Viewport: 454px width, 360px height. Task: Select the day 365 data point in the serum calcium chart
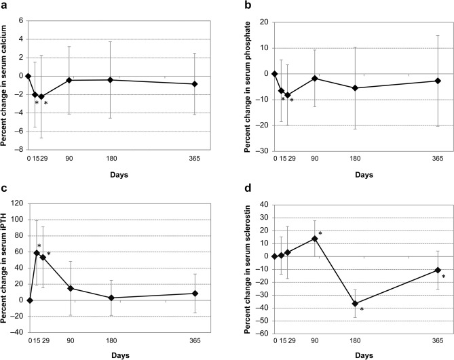[x=195, y=84]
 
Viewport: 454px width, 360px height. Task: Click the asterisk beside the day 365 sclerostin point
[x=444, y=277]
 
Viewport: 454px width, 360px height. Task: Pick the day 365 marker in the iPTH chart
[x=195, y=294]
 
